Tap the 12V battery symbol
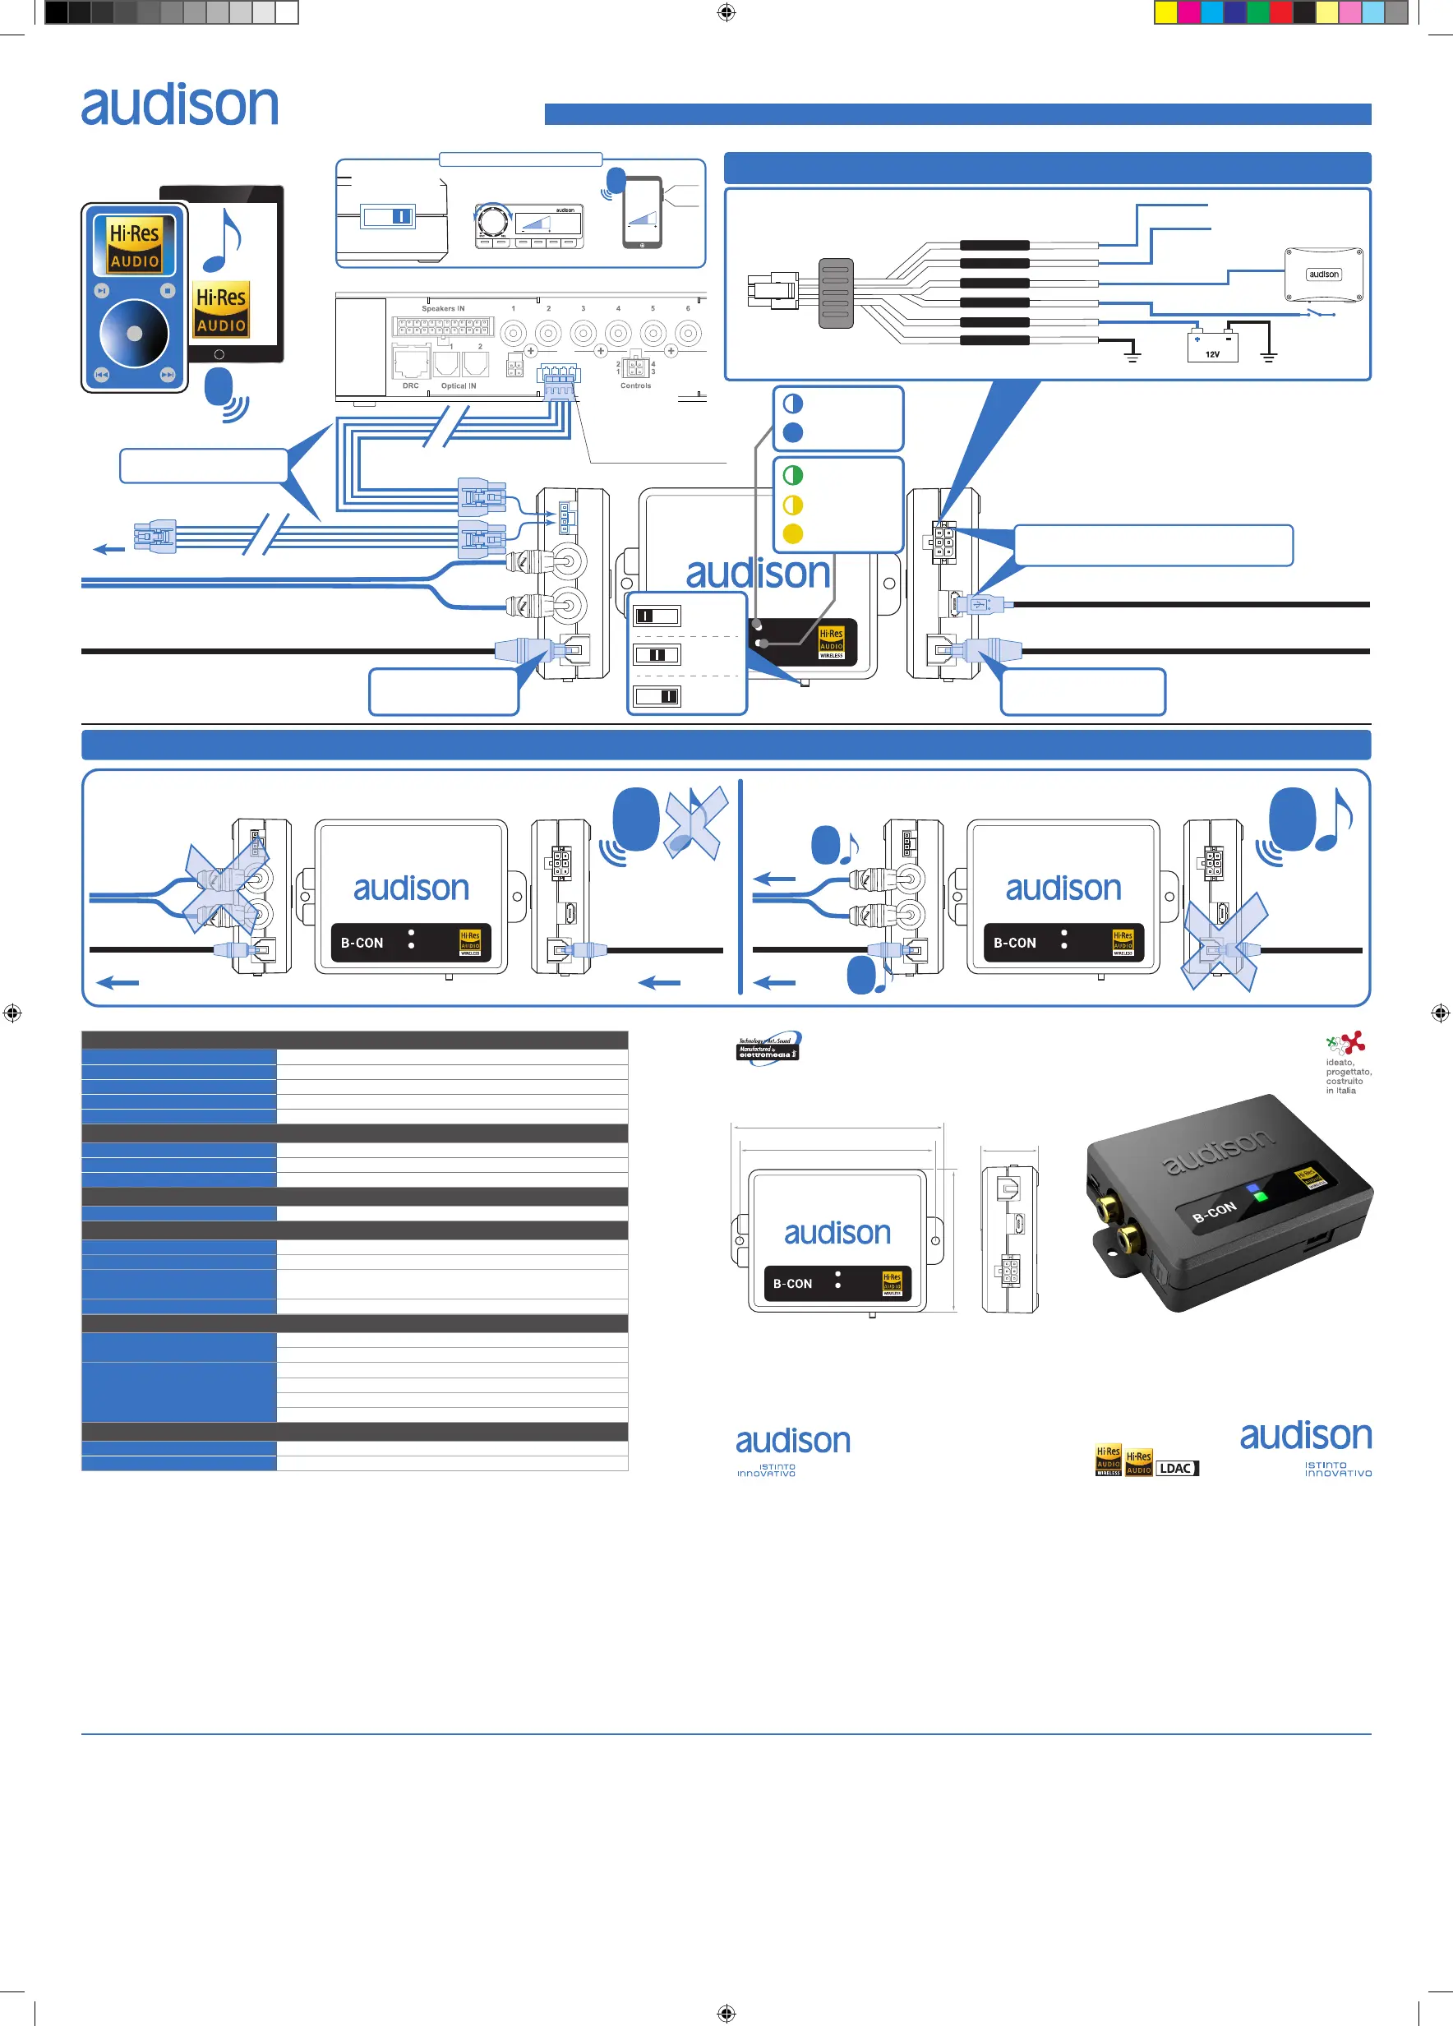click(x=1212, y=347)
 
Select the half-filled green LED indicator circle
click(x=792, y=475)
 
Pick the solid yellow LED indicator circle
click(x=792, y=534)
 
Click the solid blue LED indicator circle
click(x=792, y=433)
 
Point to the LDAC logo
click(x=1177, y=1468)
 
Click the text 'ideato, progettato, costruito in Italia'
click(x=1348, y=1077)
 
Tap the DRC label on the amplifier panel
click(x=410, y=386)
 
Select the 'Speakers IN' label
click(x=443, y=309)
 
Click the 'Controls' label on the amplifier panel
click(x=635, y=386)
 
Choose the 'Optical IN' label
click(x=458, y=386)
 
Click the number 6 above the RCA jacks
click(x=688, y=309)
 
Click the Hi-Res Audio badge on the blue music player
click(x=134, y=246)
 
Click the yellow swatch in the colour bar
click(x=1165, y=12)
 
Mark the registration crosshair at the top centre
click(x=726, y=12)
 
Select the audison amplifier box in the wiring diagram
click(x=1323, y=275)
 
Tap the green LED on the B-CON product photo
click(x=1260, y=1195)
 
